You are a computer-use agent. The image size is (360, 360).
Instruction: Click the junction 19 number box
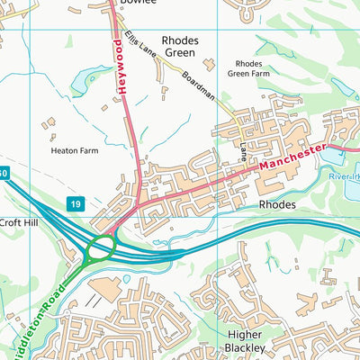click(x=79, y=205)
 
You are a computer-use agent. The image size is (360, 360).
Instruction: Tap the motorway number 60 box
click(x=4, y=172)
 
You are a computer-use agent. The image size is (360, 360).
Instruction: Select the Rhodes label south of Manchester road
click(x=277, y=204)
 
